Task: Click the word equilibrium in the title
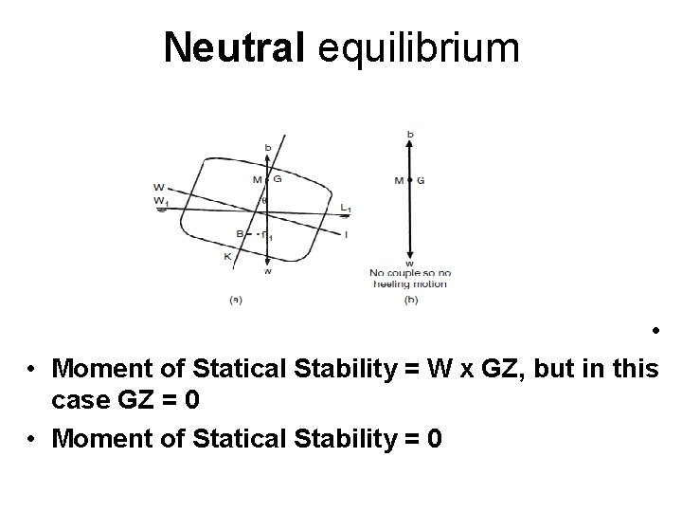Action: click(419, 46)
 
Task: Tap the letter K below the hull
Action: click(228, 256)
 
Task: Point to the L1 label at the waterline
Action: click(346, 208)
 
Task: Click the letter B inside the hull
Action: click(241, 233)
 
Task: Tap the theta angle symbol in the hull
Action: click(263, 200)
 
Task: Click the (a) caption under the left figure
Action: click(236, 300)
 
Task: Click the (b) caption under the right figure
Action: click(410, 300)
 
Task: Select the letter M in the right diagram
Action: click(398, 179)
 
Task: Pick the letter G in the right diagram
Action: click(421, 179)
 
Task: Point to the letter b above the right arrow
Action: click(410, 135)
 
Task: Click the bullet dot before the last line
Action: click(32, 442)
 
